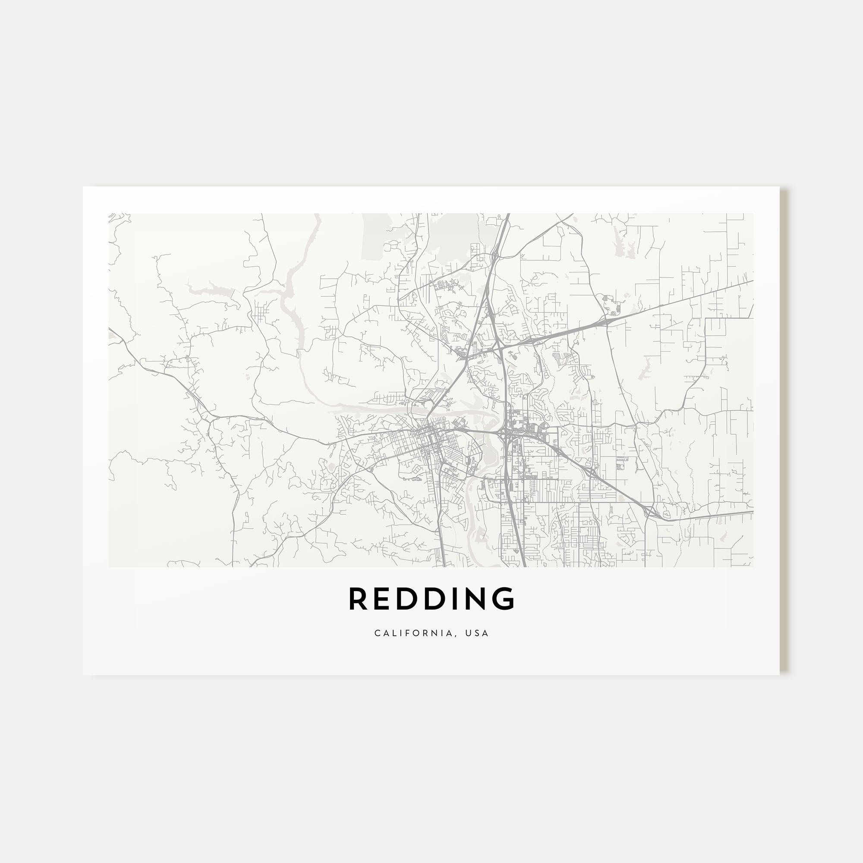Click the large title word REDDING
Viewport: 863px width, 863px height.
coord(431,599)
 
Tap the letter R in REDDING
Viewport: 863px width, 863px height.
coord(357,599)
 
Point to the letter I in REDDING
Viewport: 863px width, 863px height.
coord(452,599)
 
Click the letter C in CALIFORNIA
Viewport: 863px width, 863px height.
coord(378,633)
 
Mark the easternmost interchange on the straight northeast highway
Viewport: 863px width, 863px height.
coord(606,318)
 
